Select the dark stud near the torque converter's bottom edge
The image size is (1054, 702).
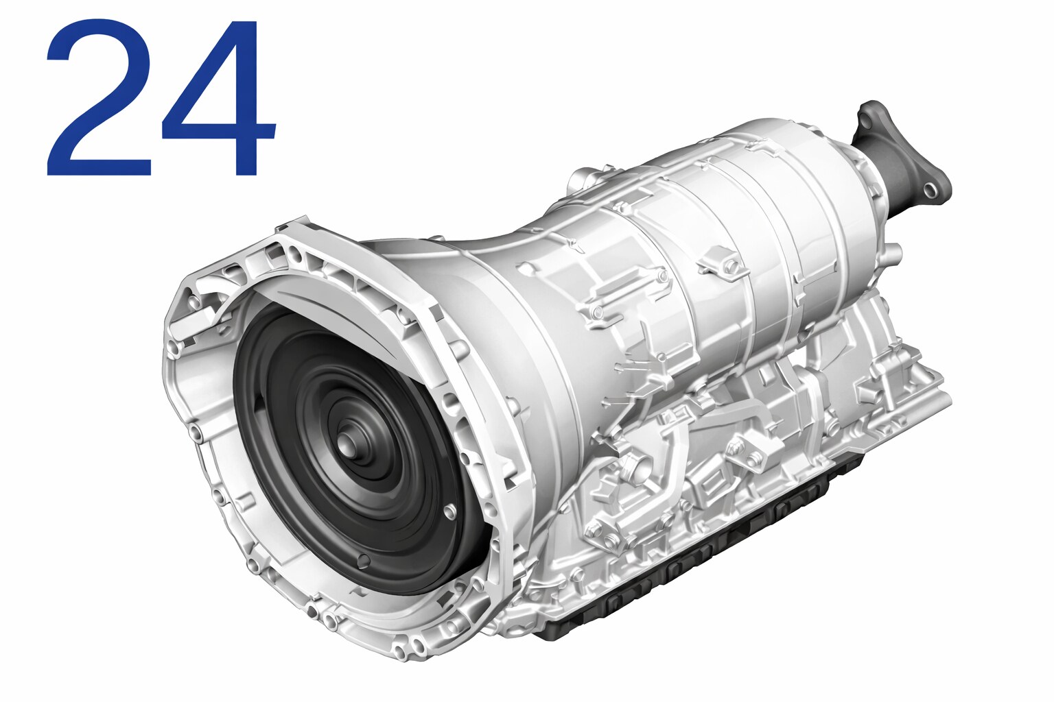pos(364,559)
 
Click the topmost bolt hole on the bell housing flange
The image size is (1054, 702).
pos(295,254)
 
